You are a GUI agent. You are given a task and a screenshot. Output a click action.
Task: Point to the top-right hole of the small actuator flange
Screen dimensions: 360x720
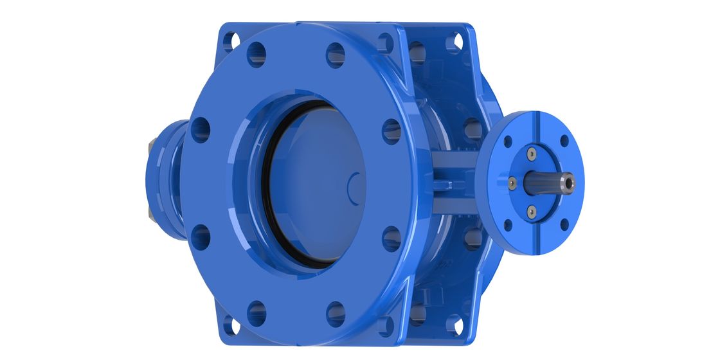point(564,141)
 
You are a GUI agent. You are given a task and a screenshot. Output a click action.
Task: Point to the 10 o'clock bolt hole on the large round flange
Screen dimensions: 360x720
point(201,129)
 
